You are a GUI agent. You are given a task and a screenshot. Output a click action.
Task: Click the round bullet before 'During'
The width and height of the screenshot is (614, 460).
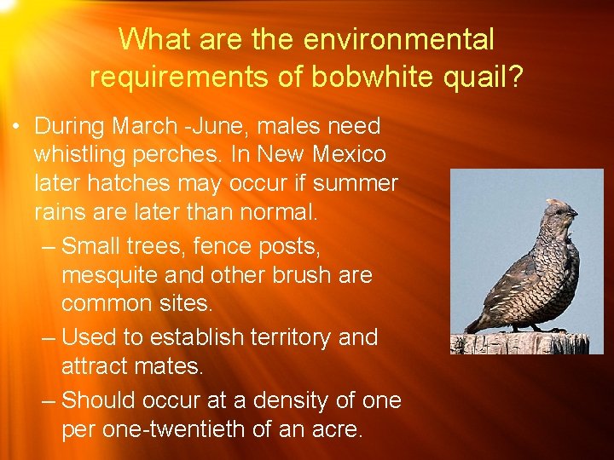coord(16,128)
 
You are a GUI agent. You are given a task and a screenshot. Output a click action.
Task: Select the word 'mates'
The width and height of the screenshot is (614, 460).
coord(167,367)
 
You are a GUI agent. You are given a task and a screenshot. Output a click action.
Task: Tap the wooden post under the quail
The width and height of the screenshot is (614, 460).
coord(520,342)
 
